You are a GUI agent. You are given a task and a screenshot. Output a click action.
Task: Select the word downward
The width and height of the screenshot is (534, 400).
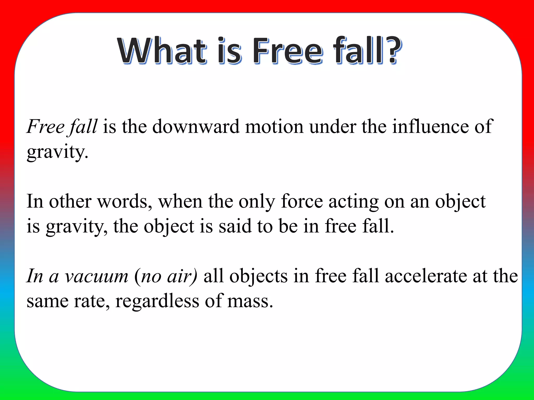pos(196,127)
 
